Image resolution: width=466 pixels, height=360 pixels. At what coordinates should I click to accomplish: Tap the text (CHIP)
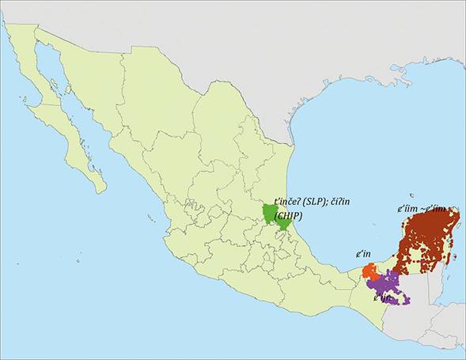coord(288,214)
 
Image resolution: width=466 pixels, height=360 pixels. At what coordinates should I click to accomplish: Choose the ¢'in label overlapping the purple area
coord(381,297)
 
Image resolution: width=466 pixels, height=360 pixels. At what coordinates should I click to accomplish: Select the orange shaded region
coord(369,271)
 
